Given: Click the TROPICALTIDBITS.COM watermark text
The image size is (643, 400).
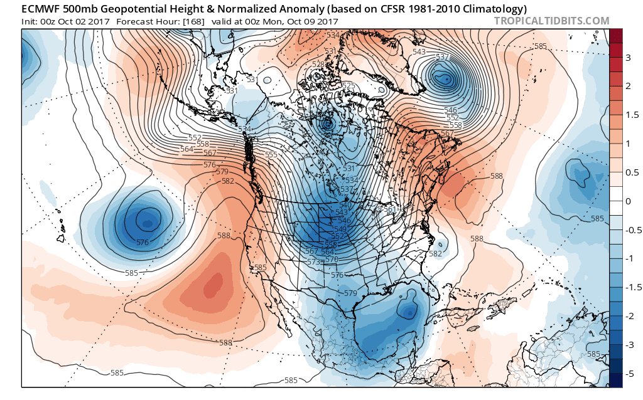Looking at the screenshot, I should (x=551, y=21).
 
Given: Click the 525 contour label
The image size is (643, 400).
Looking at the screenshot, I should (x=348, y=86).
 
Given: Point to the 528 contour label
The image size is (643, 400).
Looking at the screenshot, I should (x=318, y=65).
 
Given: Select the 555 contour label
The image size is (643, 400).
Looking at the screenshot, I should (x=271, y=155).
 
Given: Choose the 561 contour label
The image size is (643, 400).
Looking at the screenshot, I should (x=389, y=210).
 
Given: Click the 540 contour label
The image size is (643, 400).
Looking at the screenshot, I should (x=345, y=205).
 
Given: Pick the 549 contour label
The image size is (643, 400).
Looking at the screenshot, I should (x=340, y=229).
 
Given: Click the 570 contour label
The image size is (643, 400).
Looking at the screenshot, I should (x=332, y=259).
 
